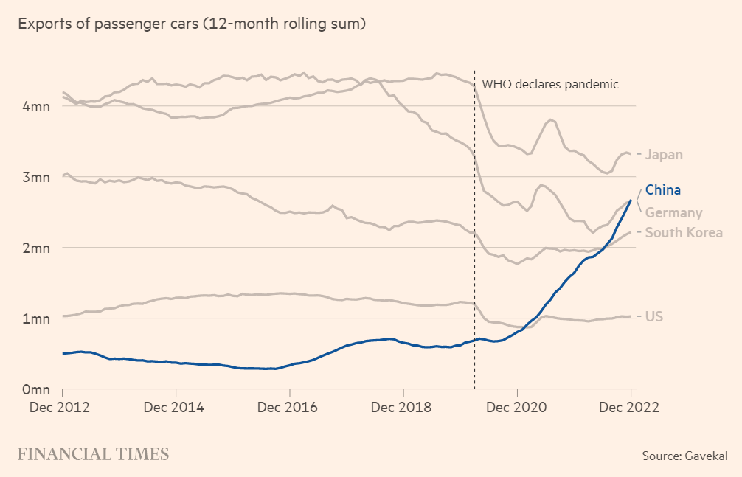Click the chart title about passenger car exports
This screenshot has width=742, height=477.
coord(192,24)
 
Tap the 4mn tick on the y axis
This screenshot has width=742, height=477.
coord(34,106)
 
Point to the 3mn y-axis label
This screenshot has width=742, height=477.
coord(34,177)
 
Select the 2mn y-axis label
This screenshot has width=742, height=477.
coord(34,248)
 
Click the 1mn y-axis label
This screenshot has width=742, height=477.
coord(34,318)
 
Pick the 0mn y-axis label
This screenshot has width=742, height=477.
coord(34,389)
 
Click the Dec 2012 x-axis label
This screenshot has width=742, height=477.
coord(63,407)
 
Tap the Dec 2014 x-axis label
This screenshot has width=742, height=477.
coord(176,407)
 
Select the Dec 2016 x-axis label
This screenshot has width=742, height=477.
coord(290,407)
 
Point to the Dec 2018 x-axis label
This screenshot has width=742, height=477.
coord(403,407)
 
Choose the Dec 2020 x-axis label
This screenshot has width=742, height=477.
coord(517,407)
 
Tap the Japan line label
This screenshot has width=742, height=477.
coord(664,155)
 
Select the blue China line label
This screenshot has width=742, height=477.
coord(663,190)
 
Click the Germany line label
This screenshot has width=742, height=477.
coord(673,213)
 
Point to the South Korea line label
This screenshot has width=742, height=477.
coord(684,233)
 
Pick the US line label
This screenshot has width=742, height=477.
coord(654,317)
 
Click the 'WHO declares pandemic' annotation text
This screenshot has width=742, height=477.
coord(549,83)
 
